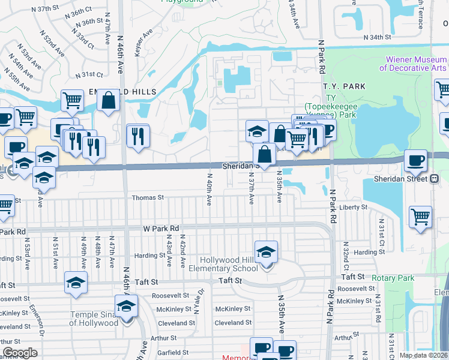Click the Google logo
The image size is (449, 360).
pos(20,353)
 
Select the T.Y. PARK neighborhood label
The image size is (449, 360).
pos(344,87)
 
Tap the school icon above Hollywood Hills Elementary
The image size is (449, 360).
pos(266,253)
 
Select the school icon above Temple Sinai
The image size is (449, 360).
pos(127,307)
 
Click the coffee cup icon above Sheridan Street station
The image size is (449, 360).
pos(415,161)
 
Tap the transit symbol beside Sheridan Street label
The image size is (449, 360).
pos(434,178)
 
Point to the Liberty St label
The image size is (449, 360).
pos(353,207)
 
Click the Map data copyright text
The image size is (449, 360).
pos(423,355)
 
